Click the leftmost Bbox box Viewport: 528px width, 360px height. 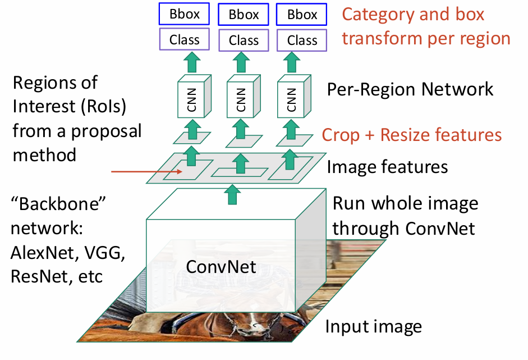pyautogui.click(x=185, y=14)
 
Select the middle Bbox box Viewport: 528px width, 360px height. pyautogui.click(x=244, y=14)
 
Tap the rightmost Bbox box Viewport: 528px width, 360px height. pyautogui.click(x=302, y=14)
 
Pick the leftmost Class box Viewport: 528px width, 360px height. pyautogui.click(x=185, y=40)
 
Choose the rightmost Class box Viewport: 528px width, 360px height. pyautogui.click(x=302, y=40)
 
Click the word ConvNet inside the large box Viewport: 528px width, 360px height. pyautogui.click(x=221, y=267)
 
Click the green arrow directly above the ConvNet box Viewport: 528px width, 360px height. pyautogui.click(x=230, y=195)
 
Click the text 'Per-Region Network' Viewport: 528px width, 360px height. pyautogui.click(x=411, y=89)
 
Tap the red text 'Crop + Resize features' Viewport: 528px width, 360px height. pyautogui.click(x=412, y=135)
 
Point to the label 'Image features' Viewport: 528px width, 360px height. pyautogui.click(x=387, y=167)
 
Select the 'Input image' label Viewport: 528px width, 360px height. pyautogui.click(x=373, y=326)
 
